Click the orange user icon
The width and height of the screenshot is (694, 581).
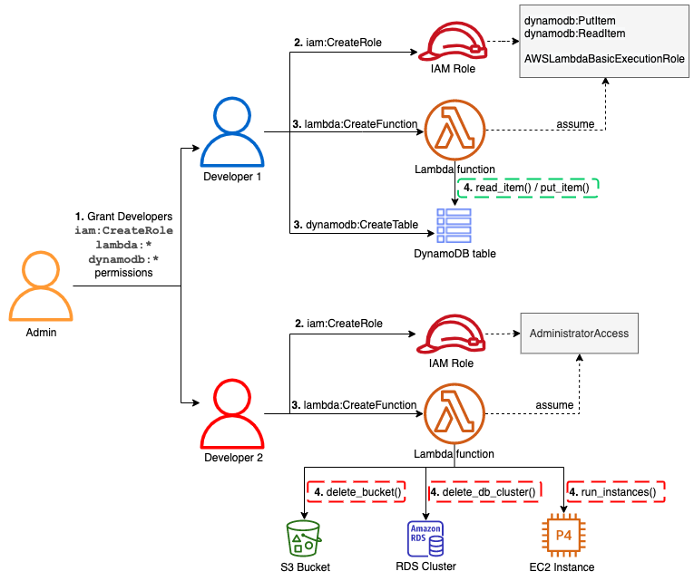point(41,287)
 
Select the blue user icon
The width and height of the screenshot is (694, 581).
point(232,133)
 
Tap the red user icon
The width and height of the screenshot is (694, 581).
point(232,414)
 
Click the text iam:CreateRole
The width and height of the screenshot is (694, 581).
point(123,230)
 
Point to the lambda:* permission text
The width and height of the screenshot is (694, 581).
point(123,245)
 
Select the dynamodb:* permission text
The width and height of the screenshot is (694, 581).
point(123,259)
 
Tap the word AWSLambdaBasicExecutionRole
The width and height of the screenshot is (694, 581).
point(604,58)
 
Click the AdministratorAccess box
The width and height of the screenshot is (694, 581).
point(579,334)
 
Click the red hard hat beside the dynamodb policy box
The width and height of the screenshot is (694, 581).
point(453,42)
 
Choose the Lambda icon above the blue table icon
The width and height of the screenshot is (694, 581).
point(455,129)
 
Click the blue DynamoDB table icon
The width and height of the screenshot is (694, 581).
point(454,226)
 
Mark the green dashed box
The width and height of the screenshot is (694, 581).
point(528,188)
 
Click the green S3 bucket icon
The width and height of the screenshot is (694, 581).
point(303,537)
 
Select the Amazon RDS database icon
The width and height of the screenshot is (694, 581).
point(425,538)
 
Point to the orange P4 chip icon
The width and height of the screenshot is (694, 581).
point(563,536)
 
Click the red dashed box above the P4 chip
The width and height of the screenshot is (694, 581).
point(616,491)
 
